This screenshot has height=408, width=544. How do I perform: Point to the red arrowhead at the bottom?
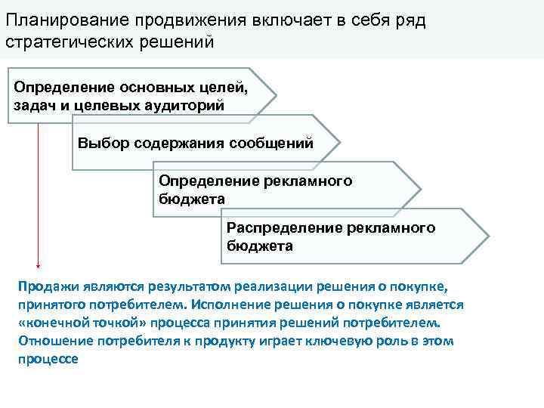pos(37,265)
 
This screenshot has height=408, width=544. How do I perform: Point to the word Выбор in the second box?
pos(97,143)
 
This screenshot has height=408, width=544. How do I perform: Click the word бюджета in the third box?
pos(192,199)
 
